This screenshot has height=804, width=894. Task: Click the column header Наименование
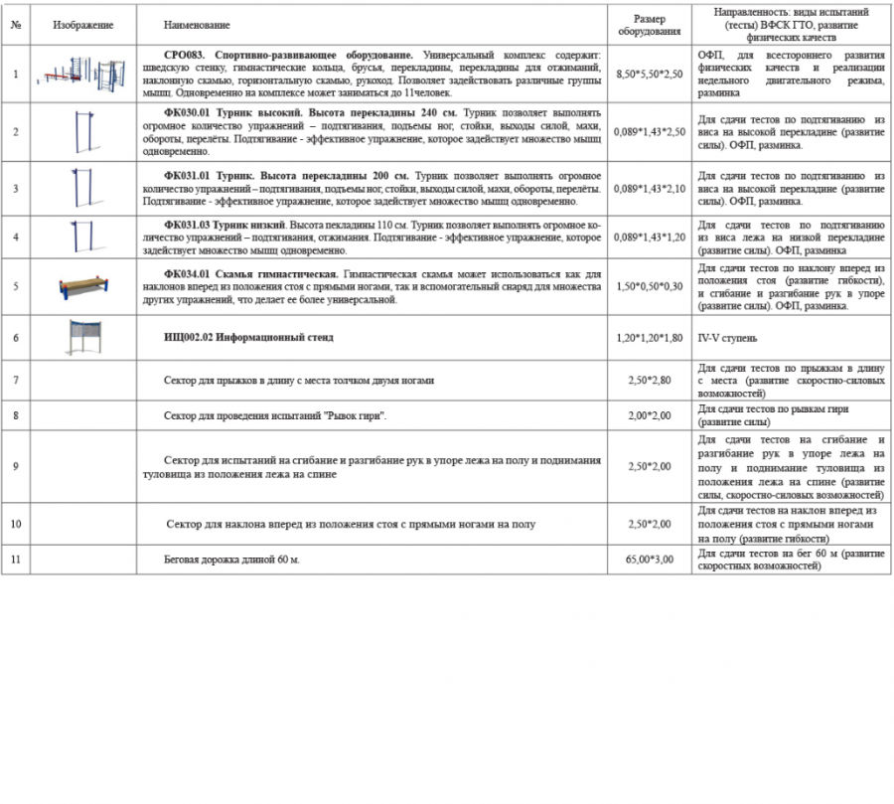point(197,24)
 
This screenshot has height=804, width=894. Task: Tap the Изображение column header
point(83,24)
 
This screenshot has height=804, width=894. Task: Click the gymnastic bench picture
point(83,286)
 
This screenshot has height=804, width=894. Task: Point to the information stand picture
point(83,337)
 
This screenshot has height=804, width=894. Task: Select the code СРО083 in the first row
point(185,54)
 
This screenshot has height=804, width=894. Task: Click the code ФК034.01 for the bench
point(186,273)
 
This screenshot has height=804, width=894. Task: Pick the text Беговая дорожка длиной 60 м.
point(231,560)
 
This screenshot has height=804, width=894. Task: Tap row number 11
point(15,560)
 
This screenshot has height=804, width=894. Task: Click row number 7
point(15,380)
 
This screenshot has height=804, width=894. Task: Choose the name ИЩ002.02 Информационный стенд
point(248,338)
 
